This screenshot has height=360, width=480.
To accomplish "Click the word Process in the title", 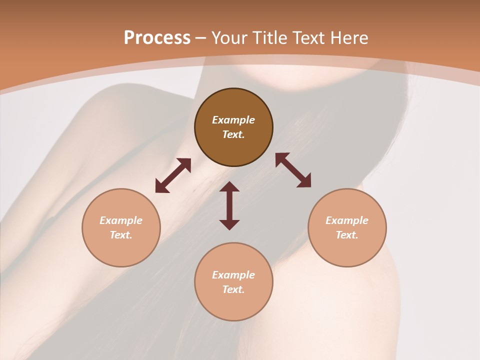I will point(157,38).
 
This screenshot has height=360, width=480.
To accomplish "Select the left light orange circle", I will point(121,250).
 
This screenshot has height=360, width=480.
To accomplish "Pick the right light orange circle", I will point(347,250).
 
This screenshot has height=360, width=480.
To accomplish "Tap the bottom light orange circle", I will point(233,305).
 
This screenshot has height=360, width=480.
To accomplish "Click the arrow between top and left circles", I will point(173,175).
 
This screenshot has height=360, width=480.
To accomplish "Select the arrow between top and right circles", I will point(293,170).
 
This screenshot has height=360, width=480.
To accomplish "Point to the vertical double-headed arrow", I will point(229,205).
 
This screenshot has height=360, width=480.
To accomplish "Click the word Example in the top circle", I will point(233,120).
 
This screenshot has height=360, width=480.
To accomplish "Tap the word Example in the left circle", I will point(121,220).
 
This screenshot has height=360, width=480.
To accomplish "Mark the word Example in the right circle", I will point(347,220).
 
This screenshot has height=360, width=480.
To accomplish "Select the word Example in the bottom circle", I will point(233,275).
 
